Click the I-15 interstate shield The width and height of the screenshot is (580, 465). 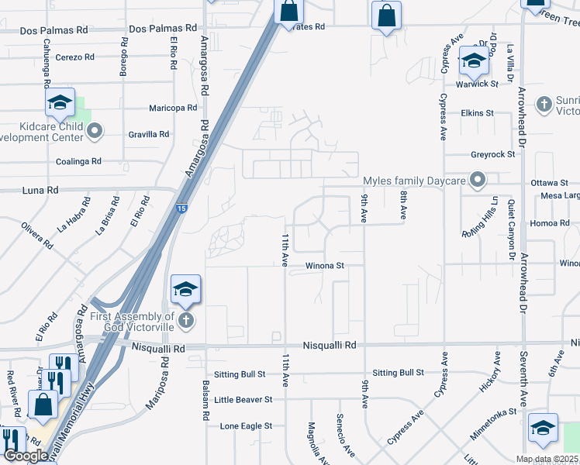pyautogui.click(x=180, y=208)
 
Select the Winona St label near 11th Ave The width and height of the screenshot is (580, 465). pyautogui.click(x=324, y=266)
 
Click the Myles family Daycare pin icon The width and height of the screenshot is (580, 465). pyautogui.click(x=478, y=181)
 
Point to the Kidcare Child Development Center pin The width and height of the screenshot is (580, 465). pyautogui.click(x=95, y=131)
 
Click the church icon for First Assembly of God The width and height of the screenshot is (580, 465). pyautogui.click(x=185, y=321)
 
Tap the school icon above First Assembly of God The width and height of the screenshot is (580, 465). pyautogui.click(x=185, y=290)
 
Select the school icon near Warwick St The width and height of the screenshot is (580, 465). pyautogui.click(x=474, y=60)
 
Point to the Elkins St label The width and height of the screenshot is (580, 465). pyautogui.click(x=477, y=112)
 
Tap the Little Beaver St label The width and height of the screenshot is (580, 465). pyautogui.click(x=243, y=400)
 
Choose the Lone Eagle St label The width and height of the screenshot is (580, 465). pyautogui.click(x=246, y=426)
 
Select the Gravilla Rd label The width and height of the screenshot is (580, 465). pyautogui.click(x=148, y=135)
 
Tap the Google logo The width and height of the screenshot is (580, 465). pyautogui.click(x=26, y=456)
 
